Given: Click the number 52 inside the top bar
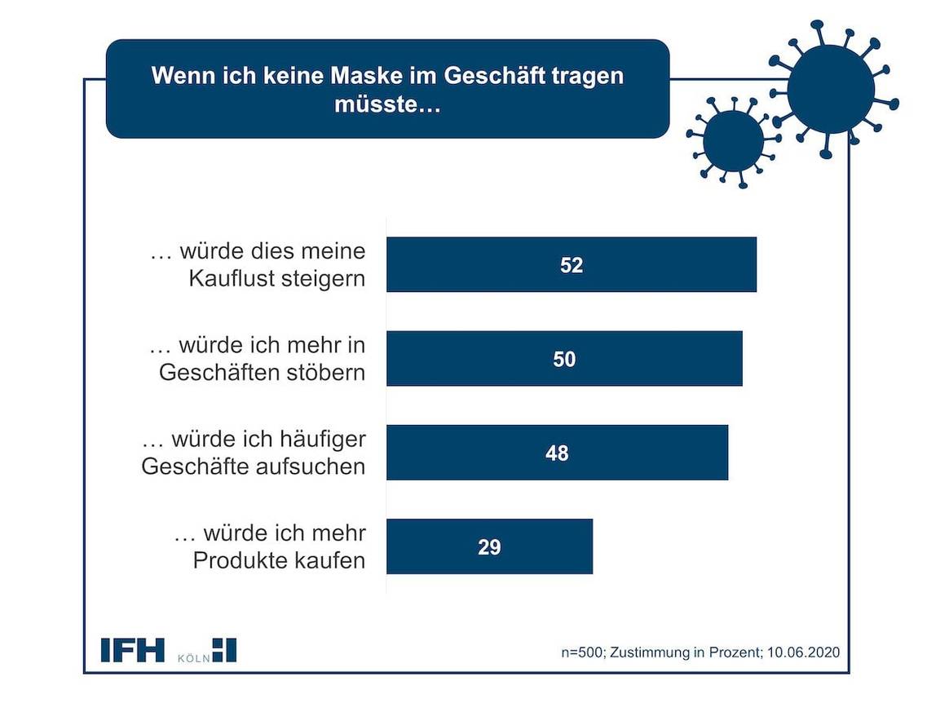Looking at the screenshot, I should (x=572, y=265).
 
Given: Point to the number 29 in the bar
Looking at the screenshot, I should (x=489, y=546).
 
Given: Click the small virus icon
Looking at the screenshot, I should (x=733, y=140).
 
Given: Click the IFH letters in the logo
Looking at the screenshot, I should (x=132, y=650).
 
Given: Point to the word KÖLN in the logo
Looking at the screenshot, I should (x=192, y=656).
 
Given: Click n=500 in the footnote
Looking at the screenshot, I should (x=582, y=653).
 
